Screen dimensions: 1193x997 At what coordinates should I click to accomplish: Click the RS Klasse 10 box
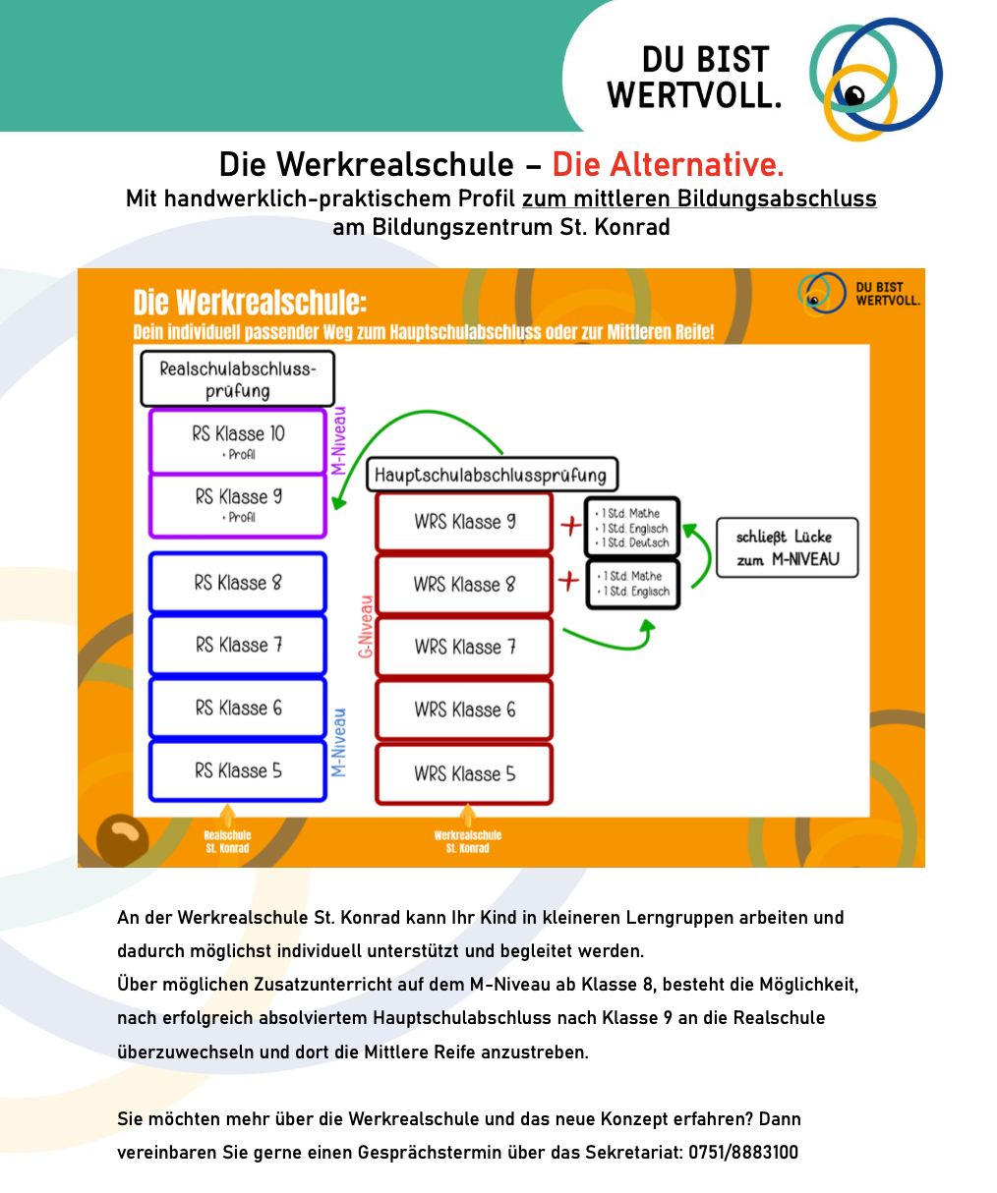pyautogui.click(x=237, y=440)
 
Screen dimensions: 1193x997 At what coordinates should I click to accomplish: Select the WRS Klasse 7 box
pyautogui.click(x=464, y=647)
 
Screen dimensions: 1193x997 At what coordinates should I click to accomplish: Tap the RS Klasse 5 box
pyautogui.click(x=237, y=771)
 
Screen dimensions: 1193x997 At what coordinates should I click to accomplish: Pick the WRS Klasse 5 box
pyautogui.click(x=464, y=773)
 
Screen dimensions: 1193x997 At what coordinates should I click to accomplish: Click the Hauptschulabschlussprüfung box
pyautogui.click(x=491, y=476)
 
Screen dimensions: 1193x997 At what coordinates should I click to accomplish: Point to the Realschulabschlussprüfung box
pyautogui.click(x=237, y=379)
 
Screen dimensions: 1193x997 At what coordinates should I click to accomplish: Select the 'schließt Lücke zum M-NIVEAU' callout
pyautogui.click(x=786, y=548)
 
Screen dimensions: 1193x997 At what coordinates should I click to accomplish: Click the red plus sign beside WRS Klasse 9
pyautogui.click(x=570, y=526)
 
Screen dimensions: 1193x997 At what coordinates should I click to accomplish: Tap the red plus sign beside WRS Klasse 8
pyautogui.click(x=568, y=582)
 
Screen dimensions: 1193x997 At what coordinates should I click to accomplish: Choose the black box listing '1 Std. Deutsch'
pyautogui.click(x=632, y=528)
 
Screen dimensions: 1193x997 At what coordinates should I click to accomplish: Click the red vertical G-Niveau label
pyautogui.click(x=366, y=626)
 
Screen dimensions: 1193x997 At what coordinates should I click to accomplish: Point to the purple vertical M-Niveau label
pyautogui.click(x=338, y=440)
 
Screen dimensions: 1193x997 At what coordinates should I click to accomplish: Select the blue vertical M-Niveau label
pyautogui.click(x=338, y=742)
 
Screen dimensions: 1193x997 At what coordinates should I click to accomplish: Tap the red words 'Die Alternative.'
pyautogui.click(x=668, y=164)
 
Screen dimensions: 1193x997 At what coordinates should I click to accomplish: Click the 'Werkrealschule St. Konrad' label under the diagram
pyautogui.click(x=467, y=841)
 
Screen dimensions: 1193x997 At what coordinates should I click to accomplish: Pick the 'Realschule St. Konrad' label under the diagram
pyautogui.click(x=227, y=841)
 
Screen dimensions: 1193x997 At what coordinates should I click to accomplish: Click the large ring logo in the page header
pyautogui.click(x=873, y=79)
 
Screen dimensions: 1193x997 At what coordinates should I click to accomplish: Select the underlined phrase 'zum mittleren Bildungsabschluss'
pyautogui.click(x=699, y=199)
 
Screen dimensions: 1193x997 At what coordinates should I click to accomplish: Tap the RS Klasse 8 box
pyautogui.click(x=237, y=583)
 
